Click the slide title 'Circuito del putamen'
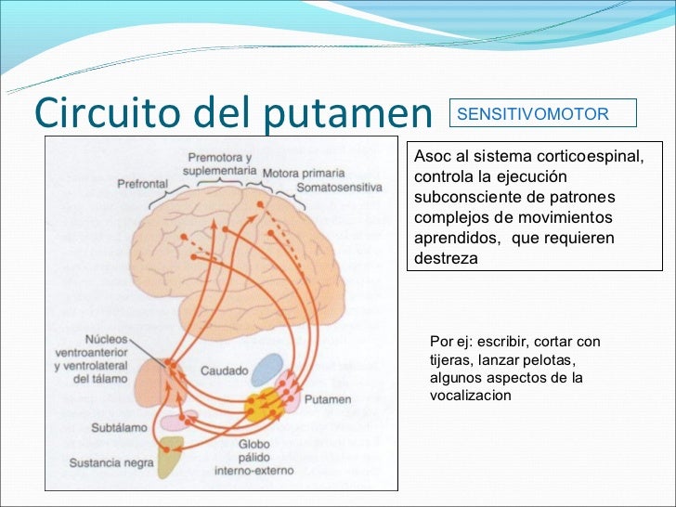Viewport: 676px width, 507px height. coord(233,112)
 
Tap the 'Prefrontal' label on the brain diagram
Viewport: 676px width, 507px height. coord(142,184)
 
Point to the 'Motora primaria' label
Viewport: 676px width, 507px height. coord(303,174)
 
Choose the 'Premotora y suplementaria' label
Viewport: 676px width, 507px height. coord(220,164)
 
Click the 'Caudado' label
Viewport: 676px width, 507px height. coord(224,371)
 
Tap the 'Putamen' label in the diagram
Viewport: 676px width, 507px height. coord(331,399)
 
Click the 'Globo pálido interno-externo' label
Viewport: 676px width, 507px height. coord(253,457)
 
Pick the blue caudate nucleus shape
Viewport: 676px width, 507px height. coord(267,370)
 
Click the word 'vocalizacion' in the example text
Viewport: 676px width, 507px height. coord(471,396)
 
